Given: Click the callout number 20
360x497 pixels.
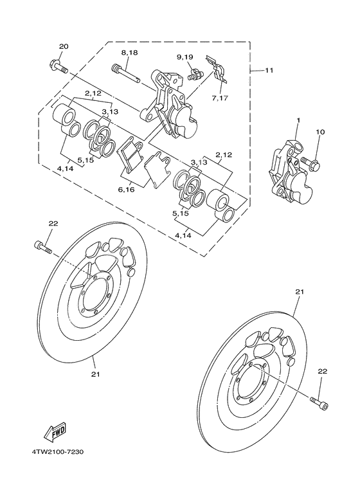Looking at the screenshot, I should pyautogui.click(x=63, y=46).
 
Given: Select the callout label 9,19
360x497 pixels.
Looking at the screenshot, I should pyautogui.click(x=185, y=57).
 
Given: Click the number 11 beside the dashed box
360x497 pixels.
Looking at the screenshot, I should pyautogui.click(x=269, y=69).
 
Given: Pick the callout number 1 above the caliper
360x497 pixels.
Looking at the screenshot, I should pyautogui.click(x=298, y=120).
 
